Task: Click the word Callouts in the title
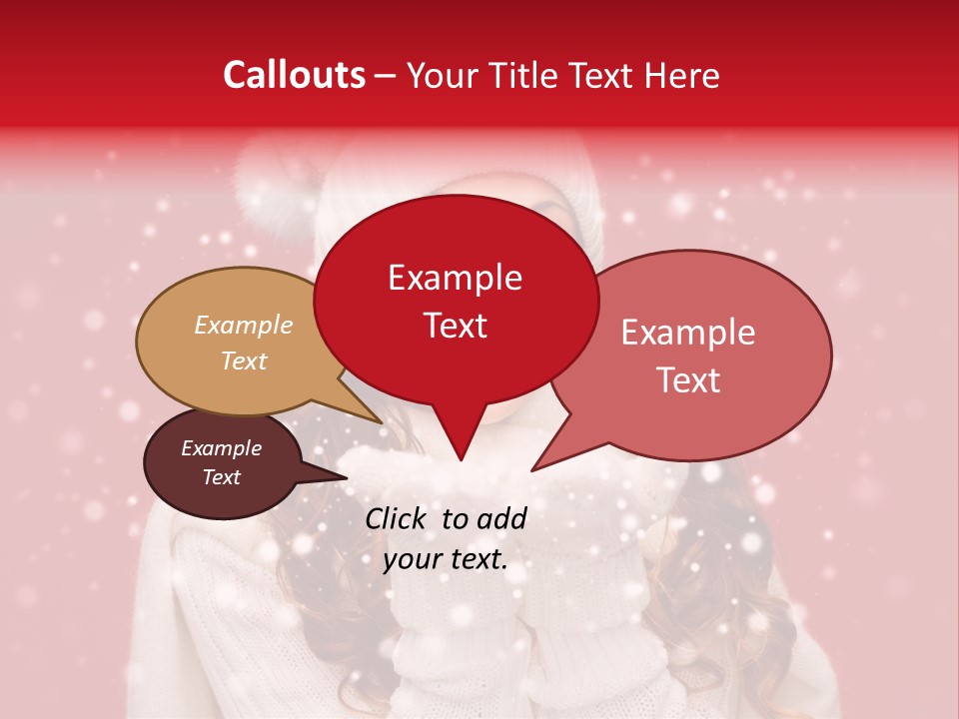point(294,75)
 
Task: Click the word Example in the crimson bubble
point(455,277)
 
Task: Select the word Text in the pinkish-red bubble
point(688,380)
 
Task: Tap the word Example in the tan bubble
point(244,326)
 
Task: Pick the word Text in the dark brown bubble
point(222,477)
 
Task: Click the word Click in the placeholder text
point(397,518)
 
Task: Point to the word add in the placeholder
point(500,518)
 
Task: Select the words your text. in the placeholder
point(446,560)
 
